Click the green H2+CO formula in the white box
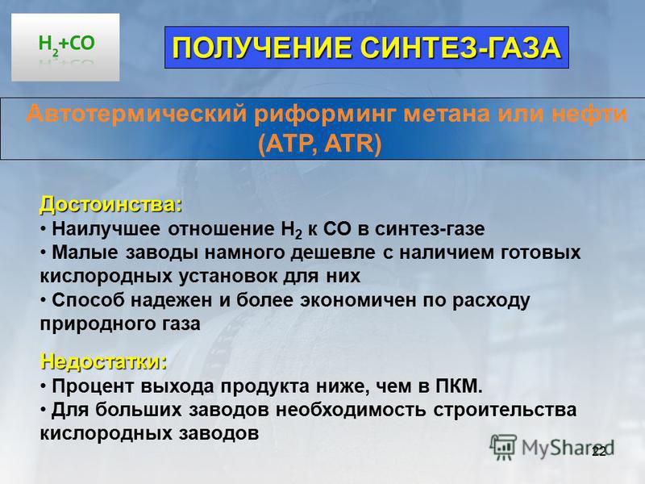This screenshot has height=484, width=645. point(66,44)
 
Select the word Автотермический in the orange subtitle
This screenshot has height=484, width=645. point(136,114)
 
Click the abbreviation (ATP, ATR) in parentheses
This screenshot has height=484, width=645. point(320,144)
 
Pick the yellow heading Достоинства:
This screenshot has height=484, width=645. point(110,205)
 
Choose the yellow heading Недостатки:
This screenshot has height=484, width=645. point(104,361)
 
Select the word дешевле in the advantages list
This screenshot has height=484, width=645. point(333,252)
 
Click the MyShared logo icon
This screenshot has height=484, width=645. point(502,447)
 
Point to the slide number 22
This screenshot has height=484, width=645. point(598,451)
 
